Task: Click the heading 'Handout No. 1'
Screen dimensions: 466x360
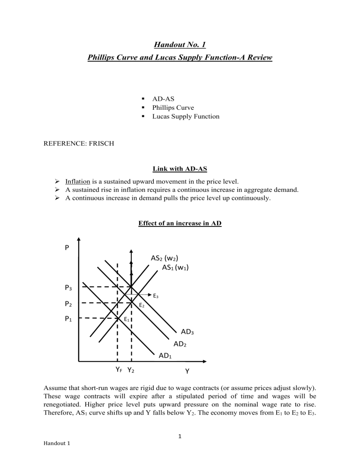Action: (180, 45)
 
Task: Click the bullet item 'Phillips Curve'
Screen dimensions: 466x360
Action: (172, 107)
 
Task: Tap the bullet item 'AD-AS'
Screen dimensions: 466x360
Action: (164, 98)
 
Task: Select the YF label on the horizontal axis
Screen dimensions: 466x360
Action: (120, 370)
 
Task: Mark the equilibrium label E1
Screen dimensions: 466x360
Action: (127, 319)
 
